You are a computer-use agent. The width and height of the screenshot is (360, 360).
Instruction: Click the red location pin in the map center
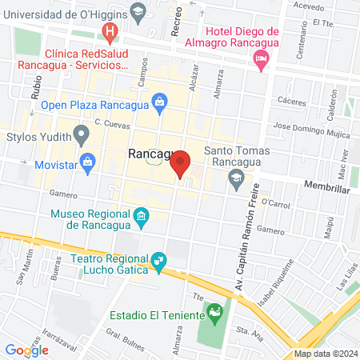(181, 164)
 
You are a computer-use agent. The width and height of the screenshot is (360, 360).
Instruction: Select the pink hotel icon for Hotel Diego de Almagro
(261, 58)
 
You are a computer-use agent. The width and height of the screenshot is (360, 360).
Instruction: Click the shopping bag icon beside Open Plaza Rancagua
(160, 102)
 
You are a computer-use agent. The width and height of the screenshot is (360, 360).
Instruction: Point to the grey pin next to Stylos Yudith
(81, 134)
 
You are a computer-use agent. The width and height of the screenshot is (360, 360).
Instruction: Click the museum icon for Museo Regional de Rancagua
(142, 216)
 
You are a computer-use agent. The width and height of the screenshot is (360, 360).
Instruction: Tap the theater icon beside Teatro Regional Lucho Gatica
(159, 261)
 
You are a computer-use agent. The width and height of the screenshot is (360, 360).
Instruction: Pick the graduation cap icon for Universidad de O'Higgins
(139, 12)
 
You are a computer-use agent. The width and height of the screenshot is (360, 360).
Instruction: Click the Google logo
(26, 349)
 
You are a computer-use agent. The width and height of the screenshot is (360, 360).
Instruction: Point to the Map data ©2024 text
(325, 354)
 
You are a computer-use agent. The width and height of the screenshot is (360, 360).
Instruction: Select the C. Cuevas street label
(111, 122)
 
